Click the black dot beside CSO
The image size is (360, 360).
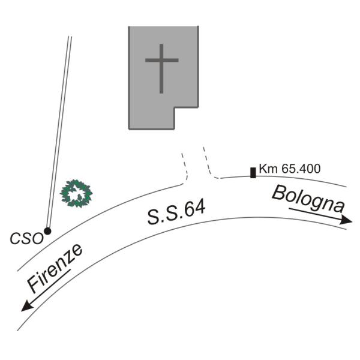[x=47, y=231]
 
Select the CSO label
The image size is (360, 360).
[x=27, y=238]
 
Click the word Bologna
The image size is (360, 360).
[x=308, y=199]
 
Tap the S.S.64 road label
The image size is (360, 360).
[x=176, y=212]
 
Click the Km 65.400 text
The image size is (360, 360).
[x=289, y=169]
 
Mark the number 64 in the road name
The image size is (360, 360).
[x=195, y=208]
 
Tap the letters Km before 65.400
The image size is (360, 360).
[x=266, y=169]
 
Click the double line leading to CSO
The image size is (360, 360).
[x=59, y=132]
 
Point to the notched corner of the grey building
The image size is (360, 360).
[x=174, y=108]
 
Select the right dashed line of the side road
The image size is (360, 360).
[x=208, y=161]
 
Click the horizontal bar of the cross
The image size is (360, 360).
[x=162, y=61]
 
